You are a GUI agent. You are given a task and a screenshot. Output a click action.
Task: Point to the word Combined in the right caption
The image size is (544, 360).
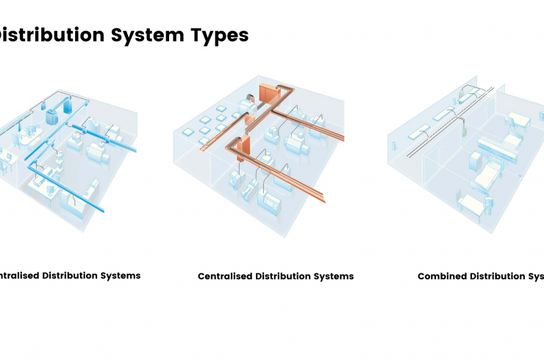pos(444,276)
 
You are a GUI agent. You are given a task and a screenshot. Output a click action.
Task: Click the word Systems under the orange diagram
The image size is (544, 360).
pos(335,276)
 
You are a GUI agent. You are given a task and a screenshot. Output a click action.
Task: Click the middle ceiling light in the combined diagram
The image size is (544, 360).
pos(443,115)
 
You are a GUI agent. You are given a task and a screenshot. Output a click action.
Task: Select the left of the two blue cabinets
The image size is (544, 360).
pos(52,115)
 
